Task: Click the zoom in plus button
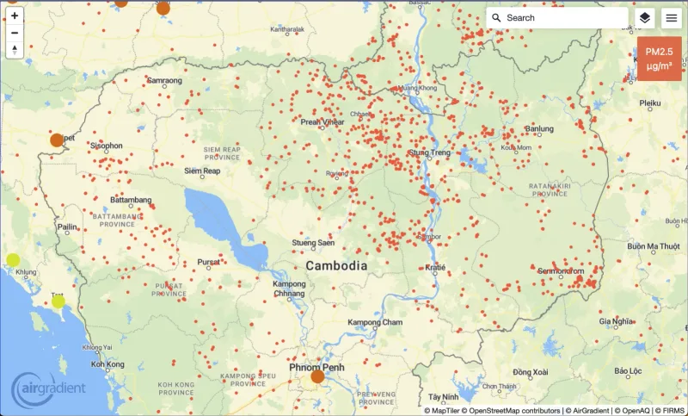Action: (x=15, y=16)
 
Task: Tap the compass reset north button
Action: (x=15, y=50)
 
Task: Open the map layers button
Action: (x=644, y=18)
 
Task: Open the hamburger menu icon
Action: (x=671, y=18)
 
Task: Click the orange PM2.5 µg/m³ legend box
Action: (x=659, y=58)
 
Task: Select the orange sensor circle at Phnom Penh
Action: (x=317, y=376)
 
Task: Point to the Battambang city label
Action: (x=131, y=200)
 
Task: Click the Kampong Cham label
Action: (x=375, y=323)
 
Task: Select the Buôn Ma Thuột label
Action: (x=654, y=246)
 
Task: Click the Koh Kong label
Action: (x=108, y=364)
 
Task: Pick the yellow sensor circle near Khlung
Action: (x=13, y=260)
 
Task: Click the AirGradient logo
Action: (x=49, y=388)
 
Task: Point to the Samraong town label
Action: (x=164, y=81)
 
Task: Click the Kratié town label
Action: (x=436, y=268)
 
